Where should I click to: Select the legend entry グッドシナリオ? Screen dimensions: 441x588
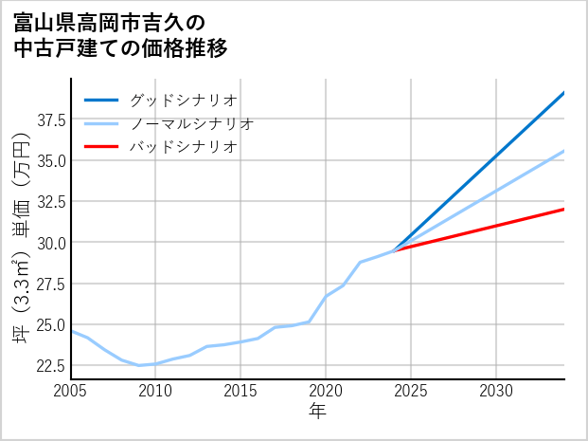pos(183,100)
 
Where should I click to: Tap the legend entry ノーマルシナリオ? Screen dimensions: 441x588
pos(191,123)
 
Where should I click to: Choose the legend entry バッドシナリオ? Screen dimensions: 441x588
pos(183,147)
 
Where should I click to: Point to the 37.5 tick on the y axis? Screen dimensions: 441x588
pos(50,119)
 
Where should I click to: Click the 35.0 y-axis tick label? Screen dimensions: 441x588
pos(50,160)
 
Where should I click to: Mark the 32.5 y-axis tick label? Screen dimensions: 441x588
pos(50,201)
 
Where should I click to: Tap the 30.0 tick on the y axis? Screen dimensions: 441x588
pos(50,243)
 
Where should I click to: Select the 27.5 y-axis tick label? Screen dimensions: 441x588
pos(50,284)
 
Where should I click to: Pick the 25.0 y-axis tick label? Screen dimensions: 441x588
pos(50,324)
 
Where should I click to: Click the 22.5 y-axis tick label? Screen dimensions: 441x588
pos(50,365)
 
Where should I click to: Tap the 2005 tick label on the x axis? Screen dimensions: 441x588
pos(70,391)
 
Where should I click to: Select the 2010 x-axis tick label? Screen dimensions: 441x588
pos(155,391)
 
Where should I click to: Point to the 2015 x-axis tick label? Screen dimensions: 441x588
pos(241,391)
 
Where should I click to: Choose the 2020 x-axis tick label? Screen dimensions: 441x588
pos(326,391)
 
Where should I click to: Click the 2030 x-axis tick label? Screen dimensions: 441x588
pos(496,391)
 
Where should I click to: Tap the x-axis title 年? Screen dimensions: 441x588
pos(317,411)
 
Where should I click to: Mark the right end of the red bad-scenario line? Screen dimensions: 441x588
pos(564,209)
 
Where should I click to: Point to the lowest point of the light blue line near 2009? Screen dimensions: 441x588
pos(139,365)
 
